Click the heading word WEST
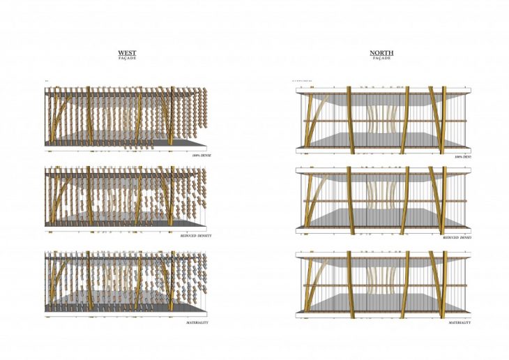(x=127, y=52)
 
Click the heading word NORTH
(x=381, y=52)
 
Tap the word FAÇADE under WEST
(x=127, y=59)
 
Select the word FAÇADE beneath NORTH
(x=381, y=59)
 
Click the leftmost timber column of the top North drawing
(x=307, y=119)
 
